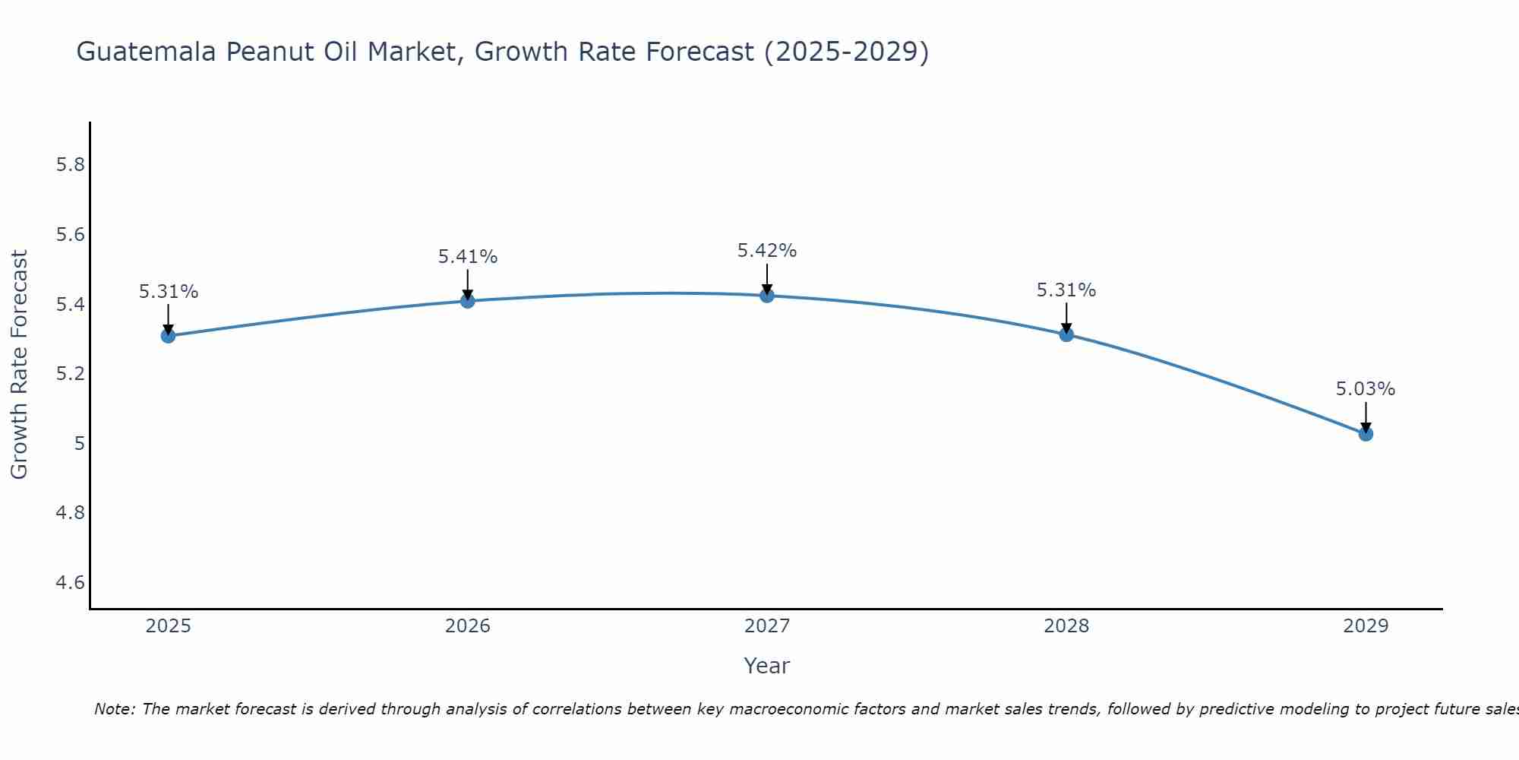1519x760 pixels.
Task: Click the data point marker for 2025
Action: tap(168, 336)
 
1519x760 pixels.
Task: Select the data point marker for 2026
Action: tap(467, 301)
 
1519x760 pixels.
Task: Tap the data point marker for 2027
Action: tap(766, 296)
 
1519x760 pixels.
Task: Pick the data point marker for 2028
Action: tap(1066, 334)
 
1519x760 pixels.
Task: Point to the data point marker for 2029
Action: tap(1366, 434)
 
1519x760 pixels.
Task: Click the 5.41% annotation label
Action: tap(467, 257)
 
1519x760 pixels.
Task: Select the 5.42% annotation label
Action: tap(766, 251)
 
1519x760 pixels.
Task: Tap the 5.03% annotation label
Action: tap(1366, 389)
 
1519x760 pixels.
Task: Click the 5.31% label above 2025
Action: tap(168, 292)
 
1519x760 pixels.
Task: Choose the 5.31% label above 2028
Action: tap(1066, 290)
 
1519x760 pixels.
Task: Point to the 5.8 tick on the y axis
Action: tap(70, 165)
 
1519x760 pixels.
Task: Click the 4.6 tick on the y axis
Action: tap(70, 583)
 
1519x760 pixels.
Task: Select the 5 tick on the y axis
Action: tap(79, 444)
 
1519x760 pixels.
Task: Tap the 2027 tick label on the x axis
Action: tap(766, 626)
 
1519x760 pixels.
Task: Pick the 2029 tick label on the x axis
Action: tap(1366, 626)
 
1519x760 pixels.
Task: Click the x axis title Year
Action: tap(766, 666)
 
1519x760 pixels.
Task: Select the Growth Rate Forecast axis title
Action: tap(19, 365)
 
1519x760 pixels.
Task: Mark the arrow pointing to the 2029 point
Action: tap(1366, 416)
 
